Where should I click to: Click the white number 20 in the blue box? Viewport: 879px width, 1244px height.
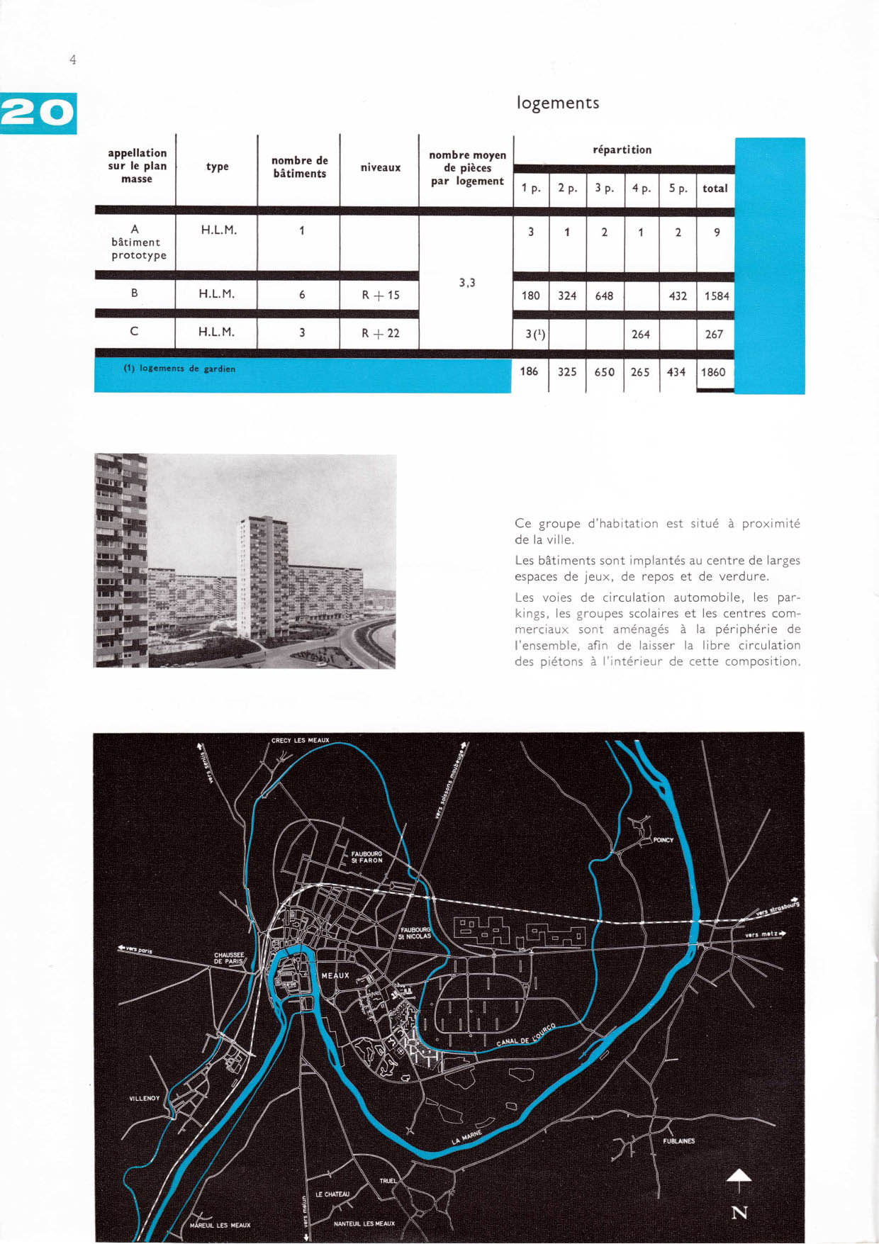pos(38,113)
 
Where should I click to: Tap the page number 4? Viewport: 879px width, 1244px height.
pos(72,60)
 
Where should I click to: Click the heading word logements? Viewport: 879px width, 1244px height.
pos(558,103)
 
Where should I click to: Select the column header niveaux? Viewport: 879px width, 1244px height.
pos(381,168)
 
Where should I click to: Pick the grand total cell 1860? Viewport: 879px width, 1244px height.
pos(714,371)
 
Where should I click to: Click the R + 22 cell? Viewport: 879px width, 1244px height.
pos(381,332)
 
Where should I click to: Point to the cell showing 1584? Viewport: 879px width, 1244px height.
pos(716,296)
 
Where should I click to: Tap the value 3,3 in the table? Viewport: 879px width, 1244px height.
pos(466,282)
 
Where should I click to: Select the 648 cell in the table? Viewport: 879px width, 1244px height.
pos(604,296)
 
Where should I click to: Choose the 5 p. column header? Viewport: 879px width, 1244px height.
pos(678,189)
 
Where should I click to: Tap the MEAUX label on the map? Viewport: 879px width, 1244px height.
pos(335,975)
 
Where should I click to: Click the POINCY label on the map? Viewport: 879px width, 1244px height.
pos(664,840)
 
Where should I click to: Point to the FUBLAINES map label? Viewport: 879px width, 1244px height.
pos(678,1141)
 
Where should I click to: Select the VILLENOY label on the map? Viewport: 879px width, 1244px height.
pos(144,1098)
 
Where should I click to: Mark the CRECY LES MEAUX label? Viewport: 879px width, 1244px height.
pos(300,740)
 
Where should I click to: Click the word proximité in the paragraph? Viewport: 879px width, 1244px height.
pos(771,524)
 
